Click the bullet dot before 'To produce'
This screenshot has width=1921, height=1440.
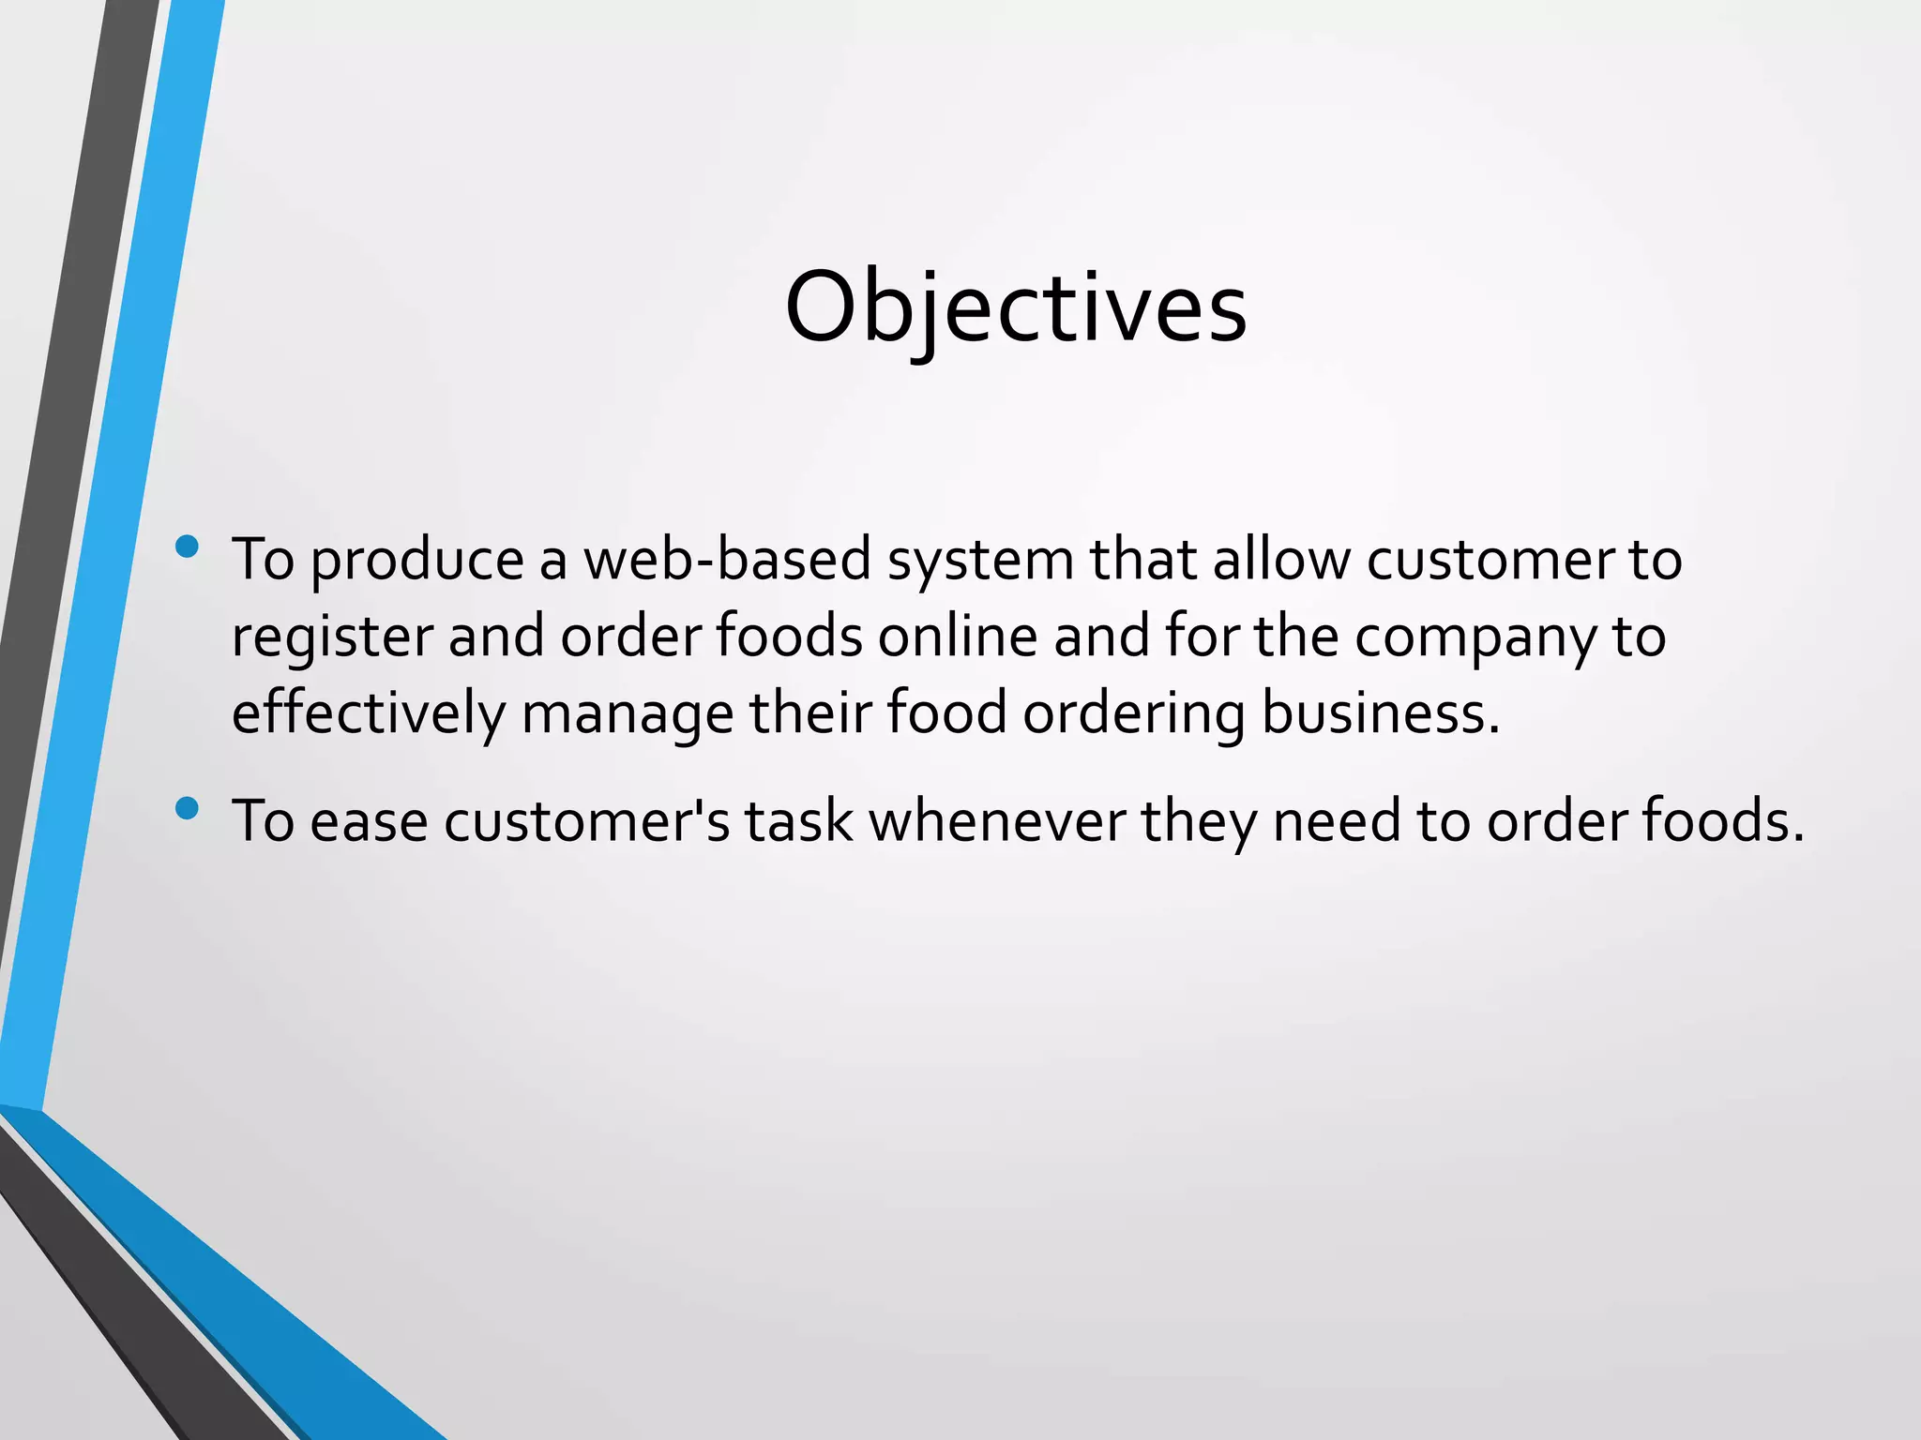click(x=187, y=546)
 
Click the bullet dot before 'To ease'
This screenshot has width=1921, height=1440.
click(x=187, y=807)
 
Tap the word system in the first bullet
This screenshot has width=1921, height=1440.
click(x=980, y=562)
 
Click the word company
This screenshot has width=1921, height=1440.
click(x=1474, y=638)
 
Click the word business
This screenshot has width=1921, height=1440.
click(x=1380, y=713)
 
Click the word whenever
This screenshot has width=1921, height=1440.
click(x=996, y=822)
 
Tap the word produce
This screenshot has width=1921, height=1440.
click(x=416, y=562)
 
